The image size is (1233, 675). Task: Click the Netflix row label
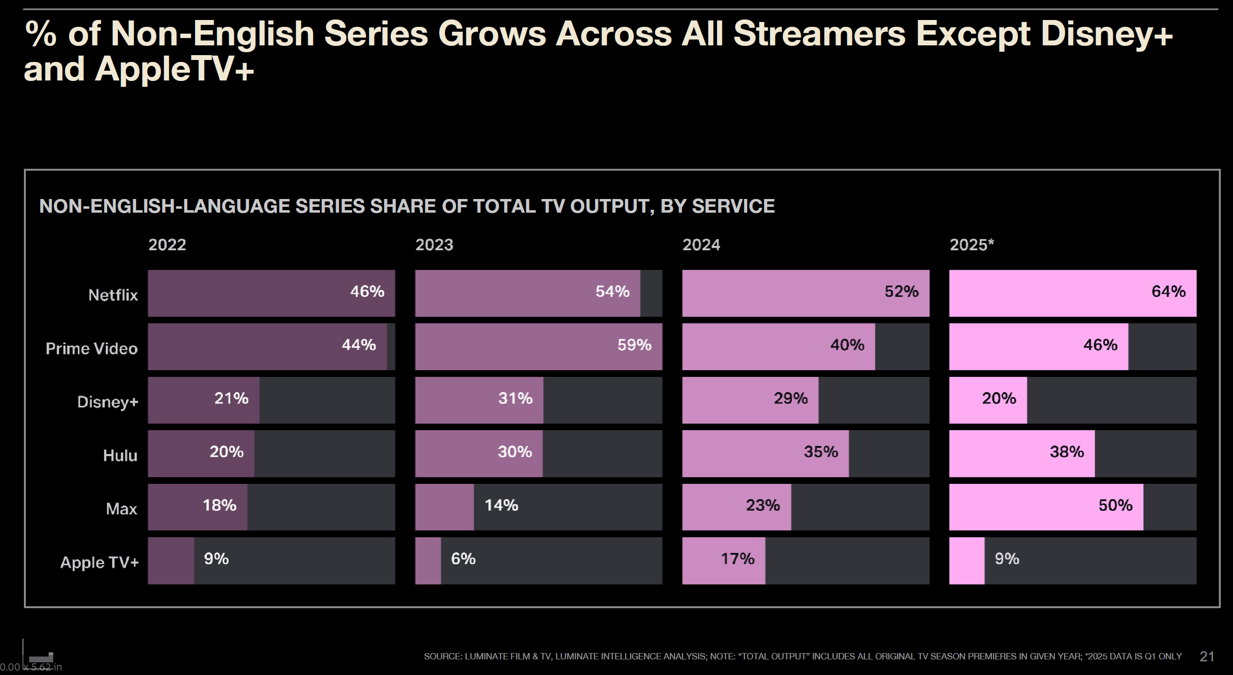pyautogui.click(x=113, y=295)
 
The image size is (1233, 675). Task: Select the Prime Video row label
pyautogui.click(x=92, y=349)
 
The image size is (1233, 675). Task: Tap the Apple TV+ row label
pyautogui.click(x=99, y=562)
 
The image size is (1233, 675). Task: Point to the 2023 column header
pyautogui.click(x=434, y=244)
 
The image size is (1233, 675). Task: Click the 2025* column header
pyautogui.click(x=972, y=244)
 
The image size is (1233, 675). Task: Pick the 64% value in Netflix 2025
pyautogui.click(x=1169, y=291)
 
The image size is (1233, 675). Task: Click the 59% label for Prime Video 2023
pyautogui.click(x=635, y=345)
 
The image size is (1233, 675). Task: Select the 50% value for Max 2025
pyautogui.click(x=1115, y=505)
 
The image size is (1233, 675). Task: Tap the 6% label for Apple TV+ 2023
pyautogui.click(x=463, y=558)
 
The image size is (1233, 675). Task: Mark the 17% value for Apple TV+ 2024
pyautogui.click(x=738, y=558)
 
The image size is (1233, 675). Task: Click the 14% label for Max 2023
pyautogui.click(x=501, y=505)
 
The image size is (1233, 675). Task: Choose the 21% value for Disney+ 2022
pyautogui.click(x=232, y=398)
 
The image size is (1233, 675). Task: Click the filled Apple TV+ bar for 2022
pyautogui.click(x=171, y=561)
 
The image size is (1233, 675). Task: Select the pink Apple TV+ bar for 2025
pyautogui.click(x=967, y=561)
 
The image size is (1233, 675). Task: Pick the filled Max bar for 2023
pyautogui.click(x=444, y=507)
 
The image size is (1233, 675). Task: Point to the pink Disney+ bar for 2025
pyautogui.click(x=988, y=400)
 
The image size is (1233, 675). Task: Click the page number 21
pyautogui.click(x=1207, y=656)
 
